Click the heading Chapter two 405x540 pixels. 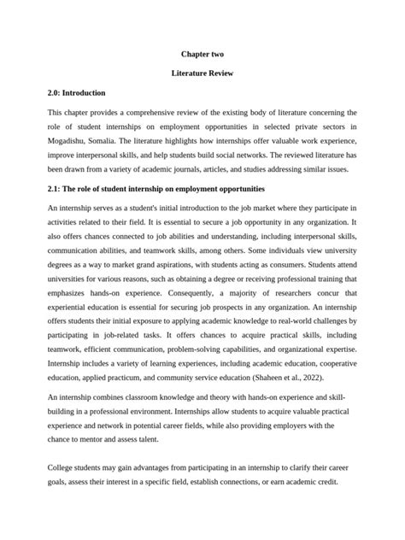[x=202, y=54]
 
